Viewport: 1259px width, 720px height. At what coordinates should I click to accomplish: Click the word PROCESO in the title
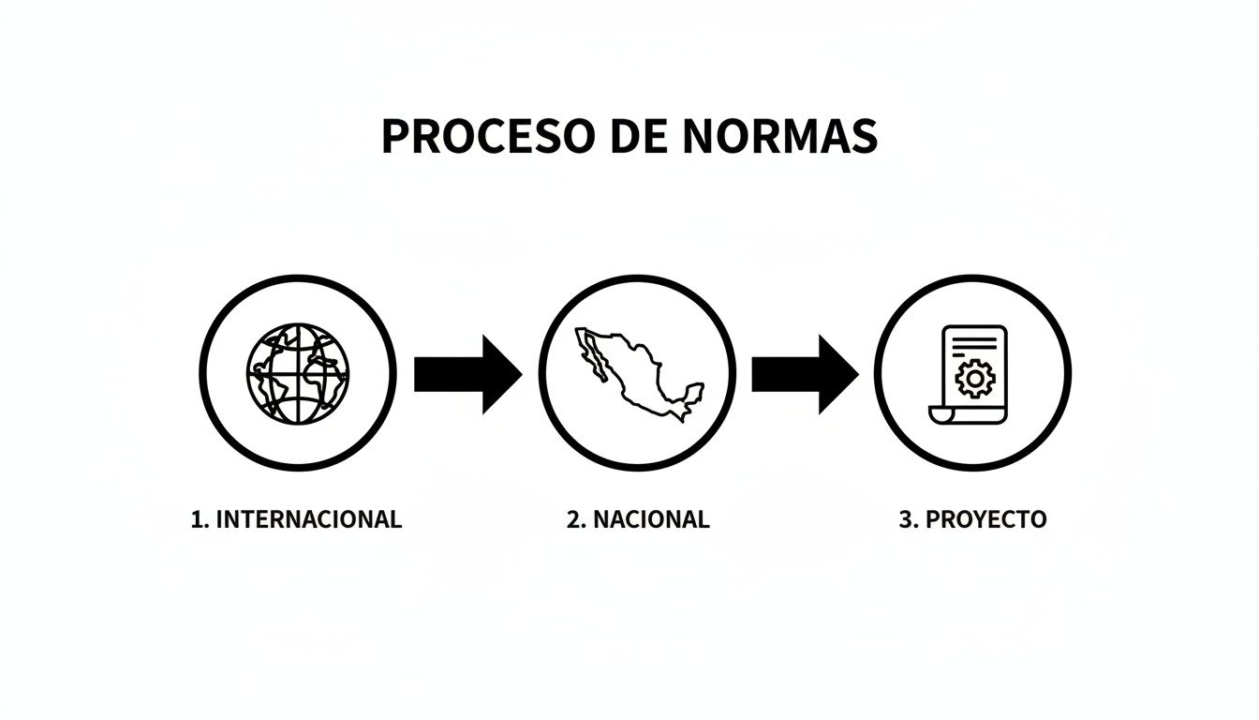(487, 137)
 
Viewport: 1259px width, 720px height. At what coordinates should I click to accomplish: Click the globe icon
(298, 373)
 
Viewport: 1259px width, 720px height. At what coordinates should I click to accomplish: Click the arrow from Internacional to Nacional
(467, 374)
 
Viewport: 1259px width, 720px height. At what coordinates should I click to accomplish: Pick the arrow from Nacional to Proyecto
(804, 374)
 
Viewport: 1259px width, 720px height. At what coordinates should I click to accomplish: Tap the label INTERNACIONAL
(308, 519)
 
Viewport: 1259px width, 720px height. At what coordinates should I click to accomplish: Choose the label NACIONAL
(651, 519)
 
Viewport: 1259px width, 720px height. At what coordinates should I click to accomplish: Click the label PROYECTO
(985, 519)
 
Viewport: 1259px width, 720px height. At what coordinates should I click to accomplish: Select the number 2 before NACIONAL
(574, 519)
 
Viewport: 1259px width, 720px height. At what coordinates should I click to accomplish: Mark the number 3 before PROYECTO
(907, 519)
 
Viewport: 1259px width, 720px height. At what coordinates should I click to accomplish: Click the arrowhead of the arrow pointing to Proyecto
(837, 374)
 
